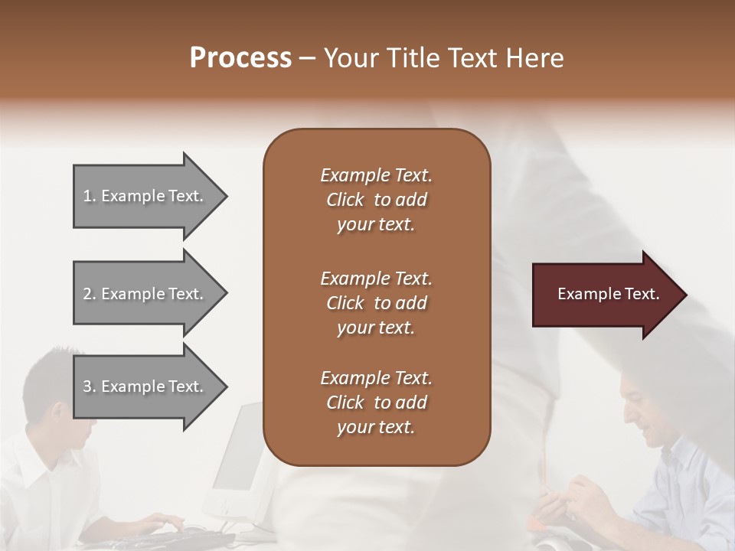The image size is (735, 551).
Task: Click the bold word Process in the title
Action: (x=240, y=57)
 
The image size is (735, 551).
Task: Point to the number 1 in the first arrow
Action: (x=87, y=196)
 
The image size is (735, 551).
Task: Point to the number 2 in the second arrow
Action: (x=87, y=294)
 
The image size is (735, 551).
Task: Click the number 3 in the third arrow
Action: (x=87, y=386)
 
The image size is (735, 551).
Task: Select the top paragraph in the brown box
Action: (x=376, y=200)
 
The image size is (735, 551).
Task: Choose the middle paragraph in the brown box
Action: (x=376, y=303)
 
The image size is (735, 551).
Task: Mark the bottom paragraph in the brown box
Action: (x=376, y=403)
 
